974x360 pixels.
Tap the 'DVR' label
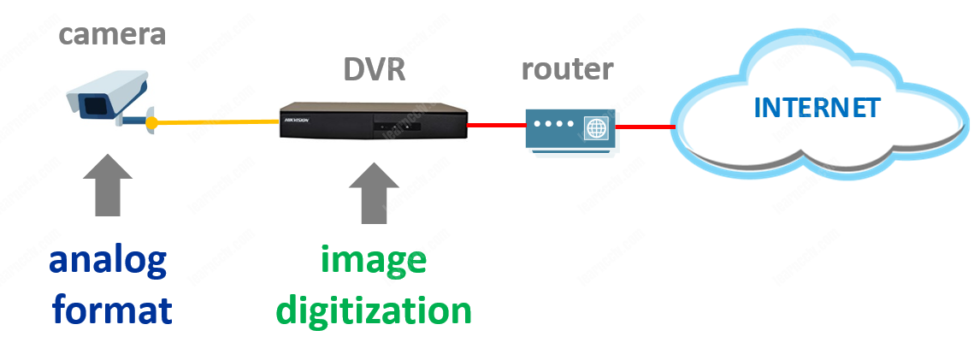pyautogui.click(x=374, y=70)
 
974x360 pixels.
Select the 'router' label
pyautogui.click(x=567, y=69)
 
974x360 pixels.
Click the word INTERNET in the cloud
pyautogui.click(x=816, y=108)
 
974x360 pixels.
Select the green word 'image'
pyautogui.click(x=374, y=260)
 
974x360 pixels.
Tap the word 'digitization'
pyautogui.click(x=374, y=310)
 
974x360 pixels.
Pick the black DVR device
pyautogui.click(x=374, y=121)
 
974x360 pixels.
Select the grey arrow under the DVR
pyautogui.click(x=374, y=192)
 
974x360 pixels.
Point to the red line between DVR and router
pyautogui.click(x=496, y=126)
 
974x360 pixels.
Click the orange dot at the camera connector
pyautogui.click(x=151, y=123)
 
